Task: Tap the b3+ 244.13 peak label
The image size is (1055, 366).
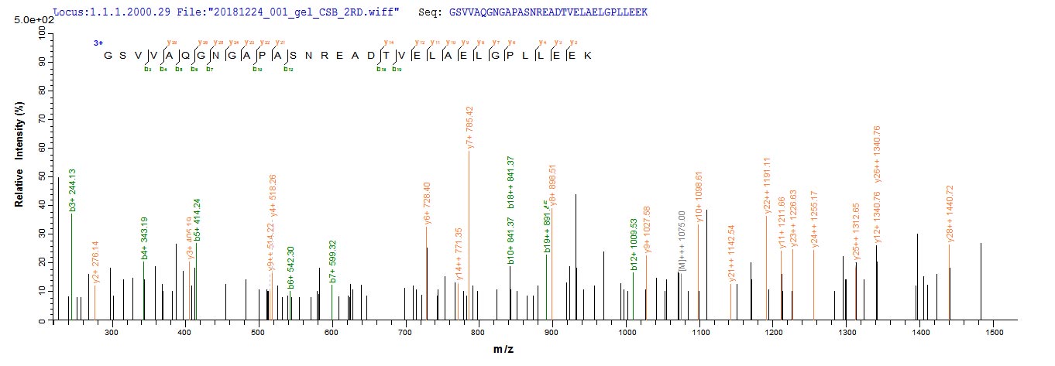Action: [72, 189]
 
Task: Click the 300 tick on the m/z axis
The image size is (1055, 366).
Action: [112, 333]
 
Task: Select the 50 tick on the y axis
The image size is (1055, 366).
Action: [42, 176]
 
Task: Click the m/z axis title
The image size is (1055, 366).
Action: [503, 350]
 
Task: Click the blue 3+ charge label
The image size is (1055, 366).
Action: [98, 43]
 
